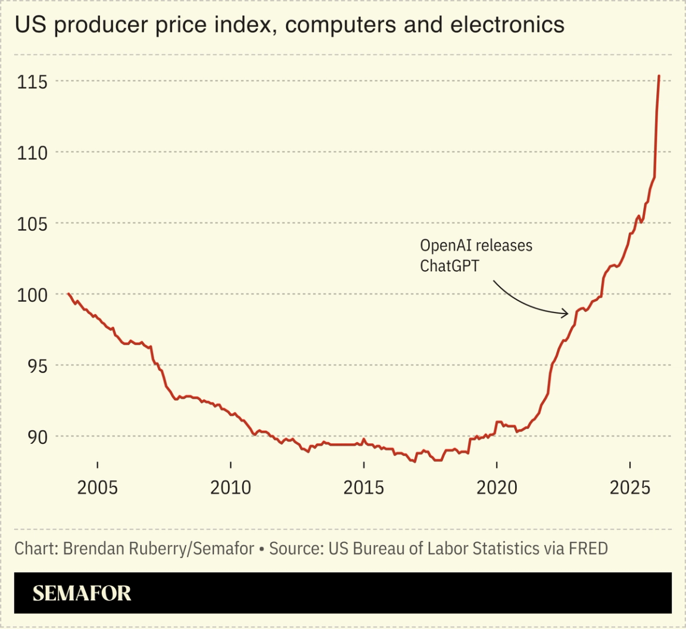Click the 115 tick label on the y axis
(x=31, y=82)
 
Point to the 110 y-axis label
(x=31, y=152)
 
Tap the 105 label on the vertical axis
(x=31, y=223)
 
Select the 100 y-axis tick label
(x=31, y=294)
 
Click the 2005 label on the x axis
(x=98, y=488)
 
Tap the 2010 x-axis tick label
(x=231, y=488)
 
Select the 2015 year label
(x=364, y=488)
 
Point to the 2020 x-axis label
(x=497, y=488)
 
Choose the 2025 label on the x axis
(x=630, y=488)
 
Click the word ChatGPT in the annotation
(x=450, y=266)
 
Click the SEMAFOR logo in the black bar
(x=82, y=593)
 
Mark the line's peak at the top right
(x=659, y=76)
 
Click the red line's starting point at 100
(x=69, y=294)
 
